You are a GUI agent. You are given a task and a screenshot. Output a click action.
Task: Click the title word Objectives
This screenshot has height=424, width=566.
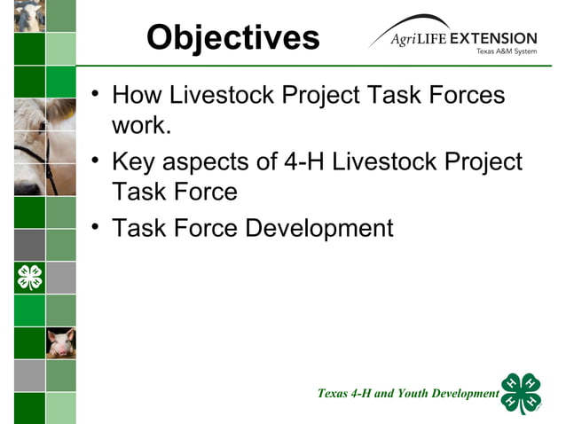pos(233,38)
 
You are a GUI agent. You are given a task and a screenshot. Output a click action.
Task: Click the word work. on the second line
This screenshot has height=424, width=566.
pos(141,125)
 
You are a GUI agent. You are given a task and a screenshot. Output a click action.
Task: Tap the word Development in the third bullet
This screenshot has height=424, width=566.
pos(318,228)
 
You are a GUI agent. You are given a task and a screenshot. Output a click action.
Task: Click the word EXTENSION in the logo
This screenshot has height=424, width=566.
pos(493,39)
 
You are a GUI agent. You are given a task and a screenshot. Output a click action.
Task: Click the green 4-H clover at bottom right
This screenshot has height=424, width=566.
pos(521,393)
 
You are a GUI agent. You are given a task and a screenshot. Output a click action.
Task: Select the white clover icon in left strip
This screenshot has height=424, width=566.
pos(29,278)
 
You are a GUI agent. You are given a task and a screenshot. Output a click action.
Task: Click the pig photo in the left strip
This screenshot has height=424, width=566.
pos(61,342)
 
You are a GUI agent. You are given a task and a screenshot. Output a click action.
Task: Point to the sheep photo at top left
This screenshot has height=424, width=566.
pos(29,16)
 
